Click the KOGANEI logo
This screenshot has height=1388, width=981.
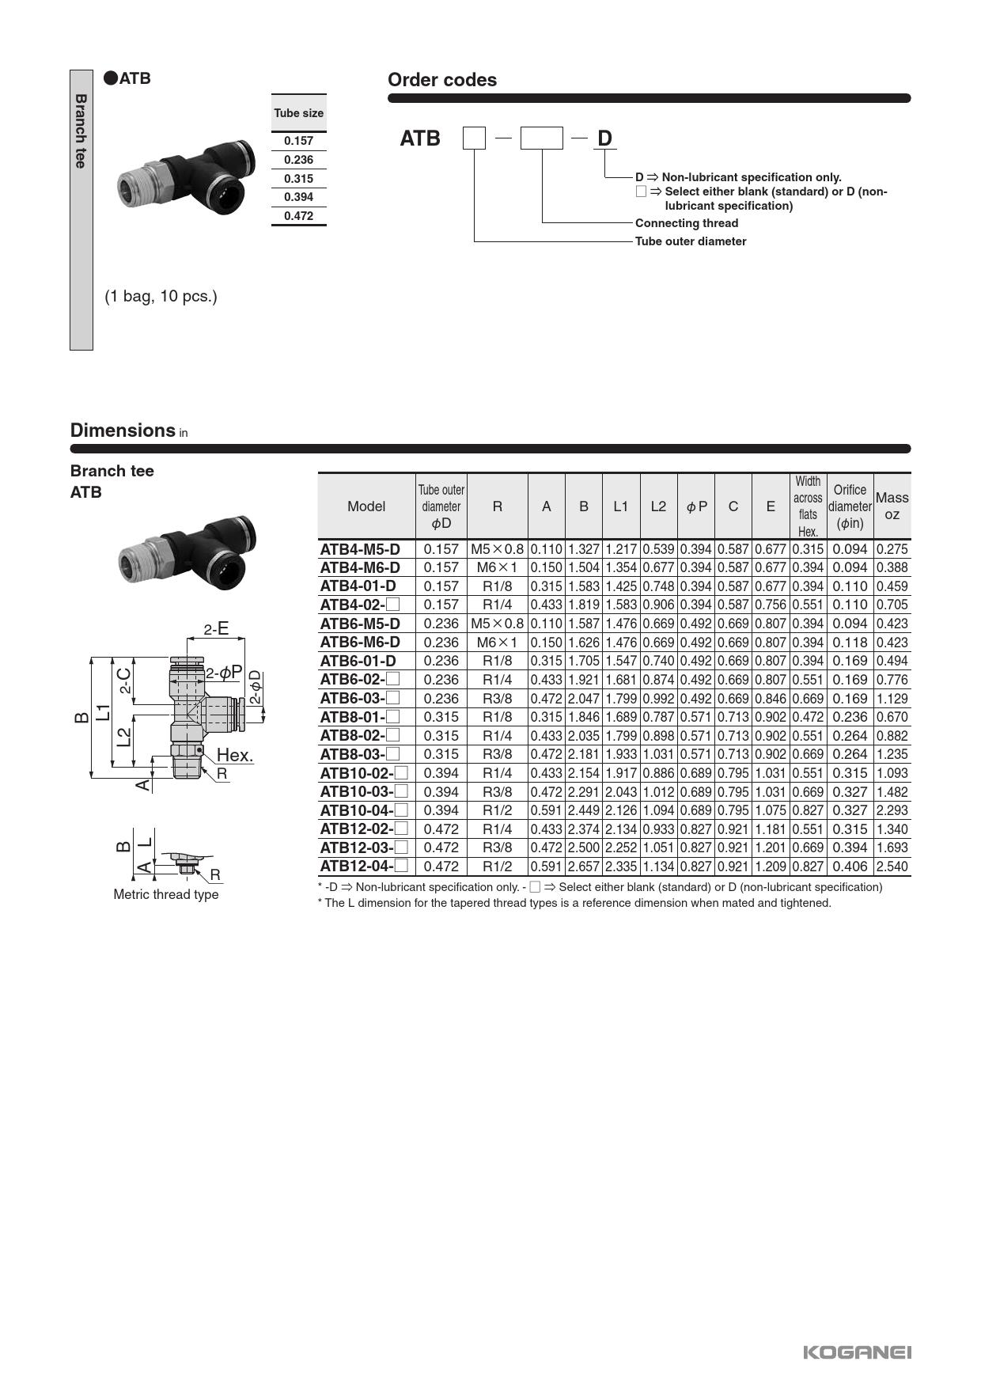click(857, 1352)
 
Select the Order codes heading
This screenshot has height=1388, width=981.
click(441, 80)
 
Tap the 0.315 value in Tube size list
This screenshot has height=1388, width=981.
click(298, 179)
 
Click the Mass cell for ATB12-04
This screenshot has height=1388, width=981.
click(892, 867)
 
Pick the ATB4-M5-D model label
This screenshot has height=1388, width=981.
click(360, 549)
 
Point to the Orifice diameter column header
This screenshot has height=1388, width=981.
click(850, 506)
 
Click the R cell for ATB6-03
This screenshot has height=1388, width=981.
click(497, 699)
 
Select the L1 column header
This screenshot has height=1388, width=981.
click(620, 506)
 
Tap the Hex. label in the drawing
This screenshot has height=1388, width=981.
click(235, 755)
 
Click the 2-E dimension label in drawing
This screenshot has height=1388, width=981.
click(216, 629)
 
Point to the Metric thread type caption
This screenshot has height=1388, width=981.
click(166, 894)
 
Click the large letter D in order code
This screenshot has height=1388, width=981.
click(604, 138)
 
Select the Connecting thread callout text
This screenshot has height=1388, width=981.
click(686, 223)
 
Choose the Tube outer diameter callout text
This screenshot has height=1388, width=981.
click(690, 241)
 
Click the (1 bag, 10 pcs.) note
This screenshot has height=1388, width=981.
click(161, 297)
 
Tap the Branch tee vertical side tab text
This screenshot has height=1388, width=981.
click(81, 131)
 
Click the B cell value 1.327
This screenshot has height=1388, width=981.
click(583, 549)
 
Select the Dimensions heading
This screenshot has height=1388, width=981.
click(123, 430)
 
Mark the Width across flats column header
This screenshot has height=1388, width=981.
click(807, 506)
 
